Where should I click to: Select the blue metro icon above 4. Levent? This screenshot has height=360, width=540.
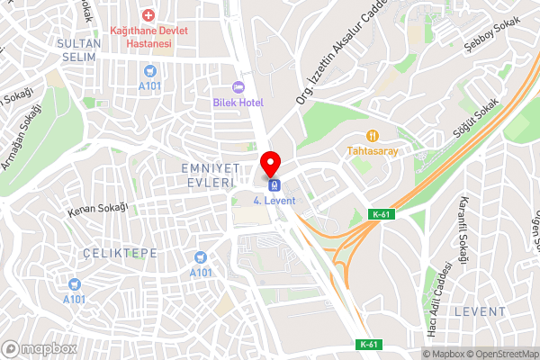point(274,184)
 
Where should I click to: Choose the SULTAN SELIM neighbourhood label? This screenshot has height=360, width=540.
point(79,49)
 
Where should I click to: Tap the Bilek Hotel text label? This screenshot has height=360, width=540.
point(238,103)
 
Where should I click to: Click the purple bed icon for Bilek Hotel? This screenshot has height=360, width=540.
point(238,86)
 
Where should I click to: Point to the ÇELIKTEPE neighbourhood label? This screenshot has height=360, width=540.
point(119,254)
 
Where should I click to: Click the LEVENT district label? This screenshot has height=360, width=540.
point(480,310)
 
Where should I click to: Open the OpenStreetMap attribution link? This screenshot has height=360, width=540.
point(500,353)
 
